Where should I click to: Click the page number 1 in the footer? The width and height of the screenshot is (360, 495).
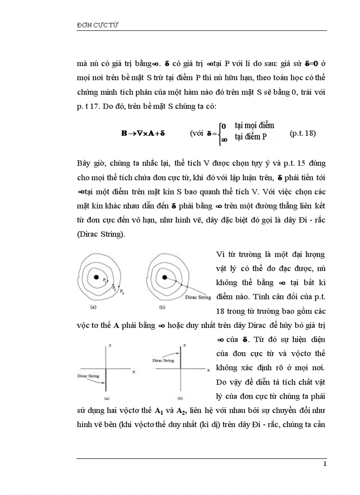tap(325, 464)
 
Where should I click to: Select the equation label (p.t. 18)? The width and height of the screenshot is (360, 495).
tap(303, 134)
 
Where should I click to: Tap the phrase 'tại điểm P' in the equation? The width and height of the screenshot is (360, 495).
tap(251, 137)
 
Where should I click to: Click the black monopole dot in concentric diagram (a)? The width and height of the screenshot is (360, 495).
tap(96, 277)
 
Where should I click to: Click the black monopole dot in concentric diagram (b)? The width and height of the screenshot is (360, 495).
tap(165, 277)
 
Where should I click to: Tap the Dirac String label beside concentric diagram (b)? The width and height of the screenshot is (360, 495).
tap(198, 298)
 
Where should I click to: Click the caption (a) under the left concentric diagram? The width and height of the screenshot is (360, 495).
tap(94, 307)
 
